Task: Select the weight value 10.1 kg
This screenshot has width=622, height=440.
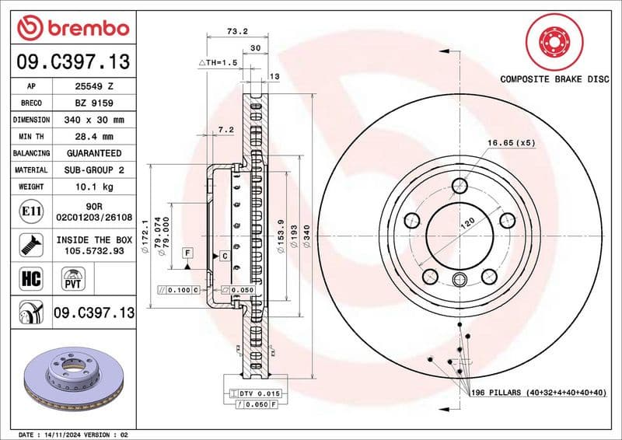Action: click(94, 187)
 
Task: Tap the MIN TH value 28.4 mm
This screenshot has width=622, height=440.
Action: click(94, 137)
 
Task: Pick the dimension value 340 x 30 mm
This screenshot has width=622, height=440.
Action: click(94, 120)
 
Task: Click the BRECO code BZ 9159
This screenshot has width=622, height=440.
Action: click(94, 103)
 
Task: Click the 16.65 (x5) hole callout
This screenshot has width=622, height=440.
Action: click(511, 143)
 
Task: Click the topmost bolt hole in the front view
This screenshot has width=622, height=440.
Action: click(460, 185)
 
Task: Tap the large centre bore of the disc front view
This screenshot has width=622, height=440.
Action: click(460, 234)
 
